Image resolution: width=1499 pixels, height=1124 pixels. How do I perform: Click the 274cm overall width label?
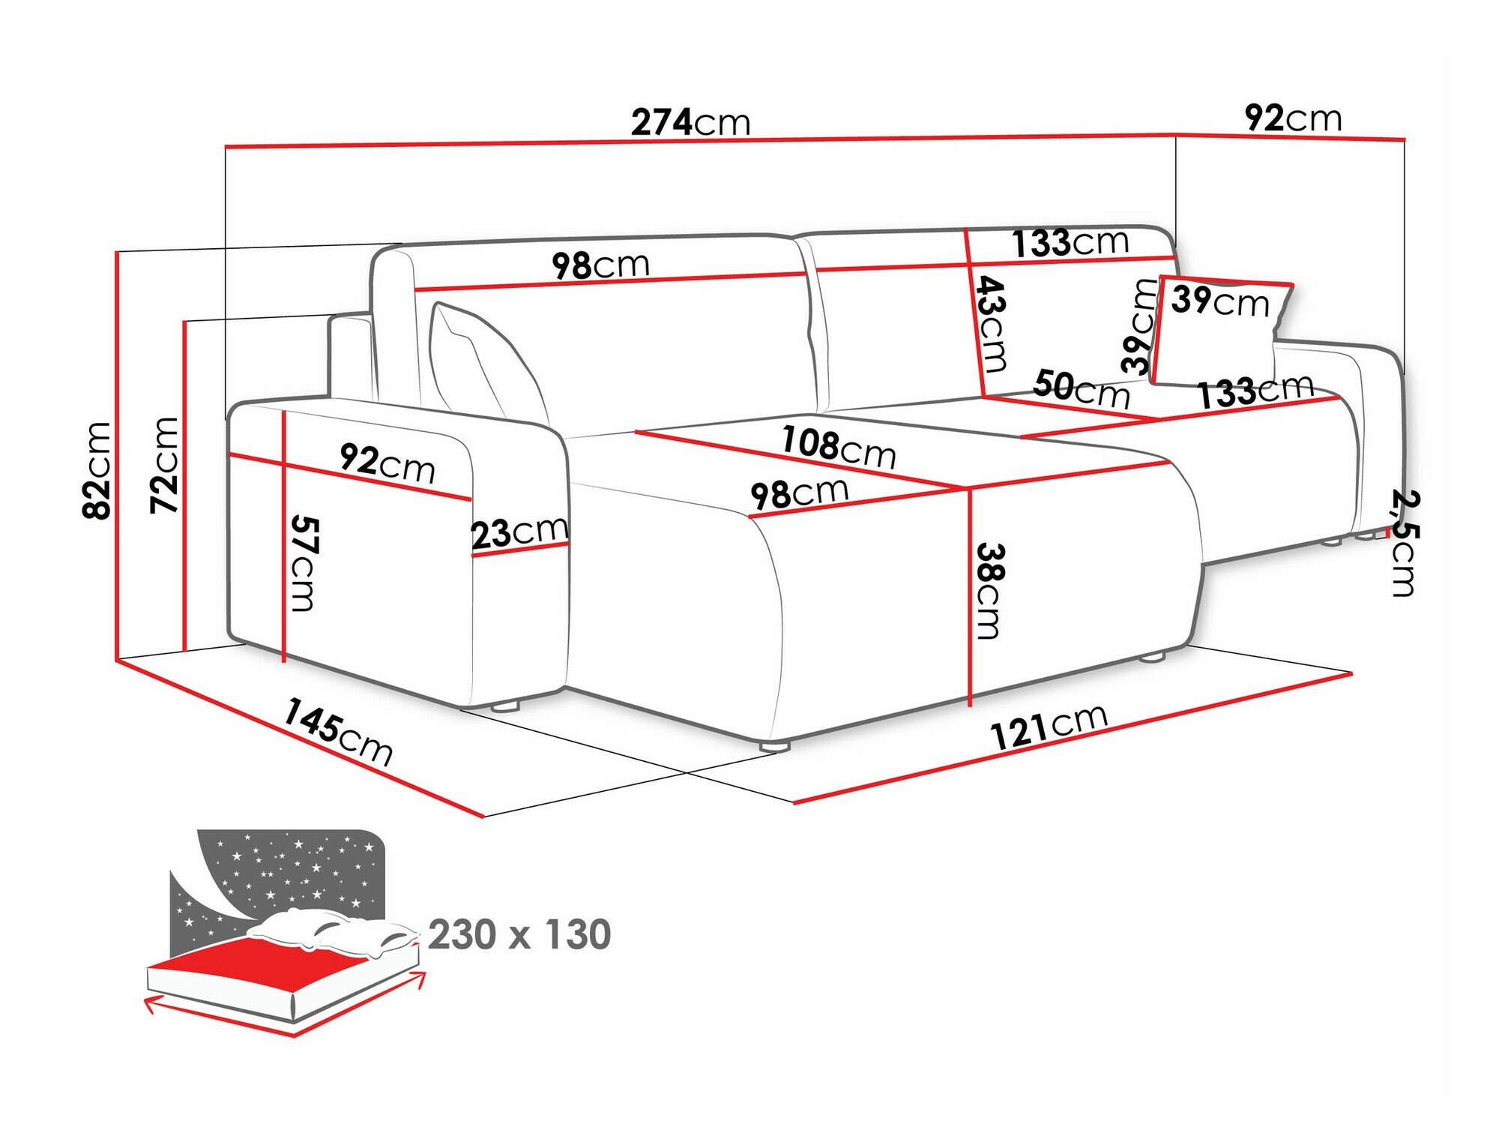(x=690, y=122)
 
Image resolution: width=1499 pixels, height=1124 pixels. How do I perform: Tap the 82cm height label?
(x=97, y=470)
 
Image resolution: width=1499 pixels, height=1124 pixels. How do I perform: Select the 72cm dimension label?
(x=164, y=465)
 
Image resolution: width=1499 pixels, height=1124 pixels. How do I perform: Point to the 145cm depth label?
(x=337, y=731)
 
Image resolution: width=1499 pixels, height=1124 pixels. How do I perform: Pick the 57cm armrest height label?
(x=304, y=562)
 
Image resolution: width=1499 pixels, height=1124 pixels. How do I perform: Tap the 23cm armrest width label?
(x=519, y=532)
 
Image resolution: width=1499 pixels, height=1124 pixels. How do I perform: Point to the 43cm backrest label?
(x=992, y=324)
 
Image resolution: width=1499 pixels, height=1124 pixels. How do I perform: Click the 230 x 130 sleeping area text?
(x=519, y=934)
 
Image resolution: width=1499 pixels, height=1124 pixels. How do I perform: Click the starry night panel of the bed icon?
(x=300, y=870)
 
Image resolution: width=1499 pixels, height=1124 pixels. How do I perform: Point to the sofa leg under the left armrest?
(x=507, y=706)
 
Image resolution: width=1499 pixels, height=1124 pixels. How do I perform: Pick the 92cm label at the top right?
(x=1293, y=118)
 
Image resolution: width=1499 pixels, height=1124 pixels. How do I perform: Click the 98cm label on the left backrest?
(x=600, y=265)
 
